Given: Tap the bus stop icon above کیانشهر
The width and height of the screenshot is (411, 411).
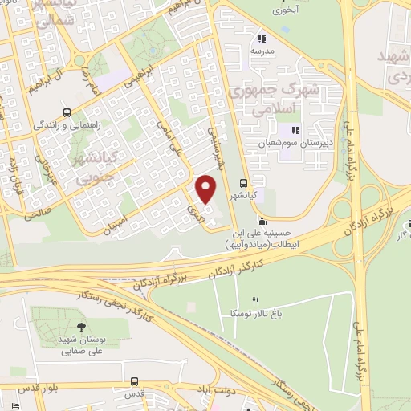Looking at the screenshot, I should pyautogui.click(x=243, y=182).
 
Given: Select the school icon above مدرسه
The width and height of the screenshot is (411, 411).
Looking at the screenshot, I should pyautogui.click(x=261, y=38).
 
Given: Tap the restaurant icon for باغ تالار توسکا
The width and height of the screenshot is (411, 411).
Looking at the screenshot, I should pyautogui.click(x=256, y=301).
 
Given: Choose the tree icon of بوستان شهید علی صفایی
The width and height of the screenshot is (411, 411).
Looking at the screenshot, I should pyautogui.click(x=81, y=326).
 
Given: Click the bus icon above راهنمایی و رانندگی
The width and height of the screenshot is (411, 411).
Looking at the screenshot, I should pyautogui.click(x=67, y=112).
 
